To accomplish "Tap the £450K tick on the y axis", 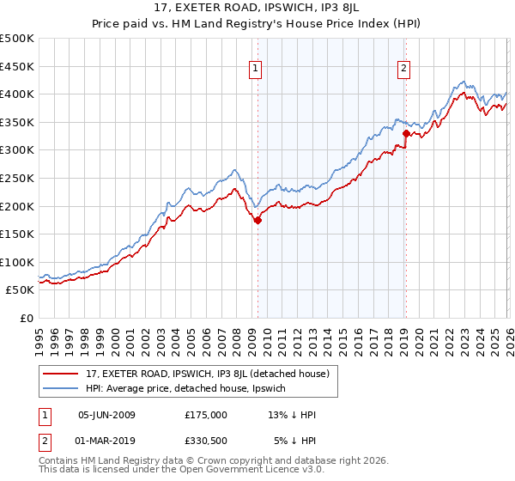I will coord(17,66).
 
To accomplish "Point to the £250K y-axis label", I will coord(17,178).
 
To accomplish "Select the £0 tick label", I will coord(26,318).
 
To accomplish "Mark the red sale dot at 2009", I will coord(257,220).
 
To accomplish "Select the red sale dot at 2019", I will coord(406,133).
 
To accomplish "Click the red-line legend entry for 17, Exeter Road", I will coord(206,374).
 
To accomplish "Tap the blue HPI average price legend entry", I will coord(191,388).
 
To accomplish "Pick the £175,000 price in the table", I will coord(206,414).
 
